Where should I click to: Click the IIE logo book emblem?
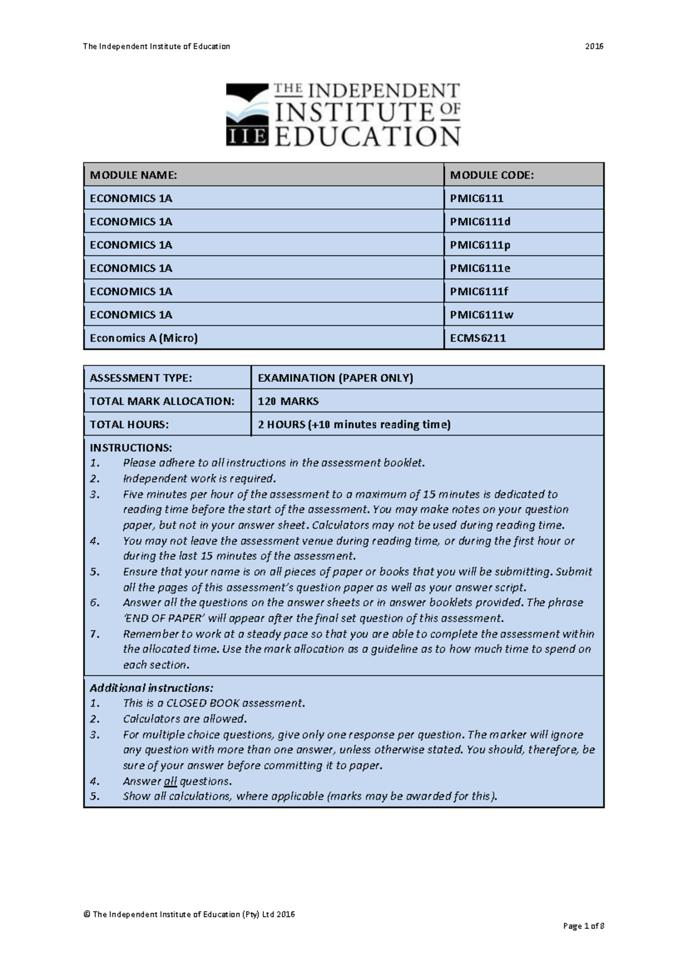pos(247,115)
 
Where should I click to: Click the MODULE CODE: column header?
pos(491,175)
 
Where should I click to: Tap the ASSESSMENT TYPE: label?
pos(140,378)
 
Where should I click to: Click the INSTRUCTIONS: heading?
pos(130,448)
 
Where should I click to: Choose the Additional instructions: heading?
pos(151,688)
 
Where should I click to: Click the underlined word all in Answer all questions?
pos(170,781)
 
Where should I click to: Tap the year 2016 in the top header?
pos(594,46)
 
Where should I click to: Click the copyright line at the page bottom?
pos(189,914)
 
